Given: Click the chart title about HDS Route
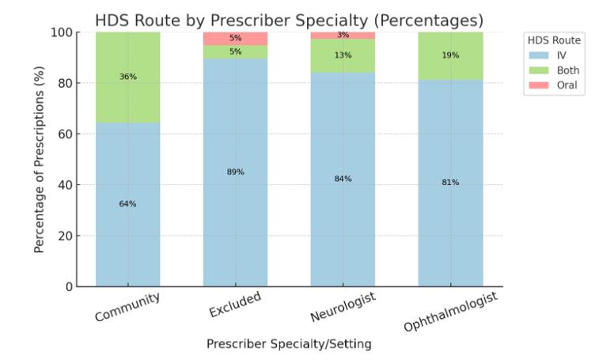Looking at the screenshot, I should pyautogui.click(x=289, y=20).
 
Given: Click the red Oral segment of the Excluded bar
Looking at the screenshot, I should pyautogui.click(x=235, y=38).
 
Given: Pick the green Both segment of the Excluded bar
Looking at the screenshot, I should pyautogui.click(x=235, y=52).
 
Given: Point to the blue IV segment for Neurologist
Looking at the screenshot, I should pyautogui.click(x=343, y=222).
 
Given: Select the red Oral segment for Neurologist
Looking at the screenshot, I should pyautogui.click(x=343, y=35).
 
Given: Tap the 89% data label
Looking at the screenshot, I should pyautogui.click(x=235, y=172).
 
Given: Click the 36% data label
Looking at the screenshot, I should pyautogui.click(x=127, y=77).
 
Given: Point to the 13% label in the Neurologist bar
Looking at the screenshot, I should pyautogui.click(x=343, y=55).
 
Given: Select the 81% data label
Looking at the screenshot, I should pyautogui.click(x=450, y=183).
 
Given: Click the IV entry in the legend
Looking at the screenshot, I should pyautogui.click(x=559, y=55).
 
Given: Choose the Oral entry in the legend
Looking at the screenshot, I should pyautogui.click(x=559, y=86).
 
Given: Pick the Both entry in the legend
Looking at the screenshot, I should pyautogui.click(x=559, y=70).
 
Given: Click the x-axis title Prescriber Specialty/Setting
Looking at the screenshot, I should pyautogui.click(x=289, y=344).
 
